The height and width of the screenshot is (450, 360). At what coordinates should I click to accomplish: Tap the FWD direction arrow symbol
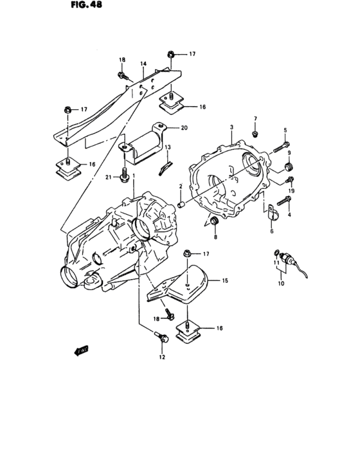pyautogui.click(x=82, y=351)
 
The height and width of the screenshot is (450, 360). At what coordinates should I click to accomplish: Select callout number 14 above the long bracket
pyautogui.click(x=143, y=64)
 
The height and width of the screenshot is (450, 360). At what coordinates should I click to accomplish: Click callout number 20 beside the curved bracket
pyautogui.click(x=184, y=128)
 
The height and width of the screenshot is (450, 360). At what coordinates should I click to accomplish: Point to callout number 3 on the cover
pyautogui.click(x=231, y=129)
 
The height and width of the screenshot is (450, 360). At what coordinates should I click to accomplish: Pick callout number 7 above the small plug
pyautogui.click(x=255, y=119)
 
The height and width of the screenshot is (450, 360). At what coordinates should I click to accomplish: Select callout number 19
pyautogui.click(x=291, y=191)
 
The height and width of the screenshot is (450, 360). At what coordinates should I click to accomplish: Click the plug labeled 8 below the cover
pyautogui.click(x=215, y=222)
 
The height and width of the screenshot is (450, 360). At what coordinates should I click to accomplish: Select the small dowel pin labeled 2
pyautogui.click(x=182, y=204)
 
